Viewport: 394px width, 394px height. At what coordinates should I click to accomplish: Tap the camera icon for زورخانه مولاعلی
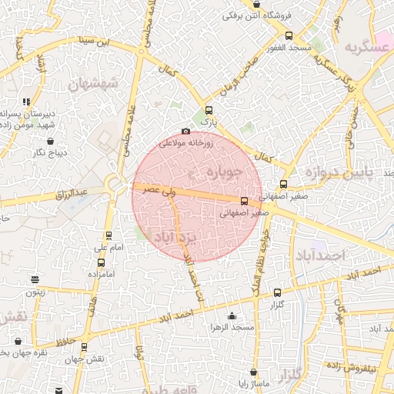pyautogui.click(x=185, y=132)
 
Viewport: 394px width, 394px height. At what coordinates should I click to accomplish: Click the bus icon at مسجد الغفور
pyautogui.click(x=289, y=35)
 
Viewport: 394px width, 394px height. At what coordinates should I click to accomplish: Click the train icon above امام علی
pyautogui.click(x=109, y=236)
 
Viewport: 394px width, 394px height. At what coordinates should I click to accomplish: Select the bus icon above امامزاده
pyautogui.click(x=101, y=262)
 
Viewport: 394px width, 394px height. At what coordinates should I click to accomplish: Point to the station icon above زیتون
pyautogui.click(x=34, y=280)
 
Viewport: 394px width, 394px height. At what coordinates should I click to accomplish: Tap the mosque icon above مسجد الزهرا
pyautogui.click(x=232, y=316)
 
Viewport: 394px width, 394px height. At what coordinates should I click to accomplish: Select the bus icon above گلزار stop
pyautogui.click(x=278, y=292)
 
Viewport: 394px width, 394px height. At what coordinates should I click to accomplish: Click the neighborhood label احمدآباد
pyautogui.click(x=319, y=255)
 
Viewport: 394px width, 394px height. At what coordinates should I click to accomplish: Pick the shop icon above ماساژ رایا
pyautogui.click(x=253, y=372)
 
